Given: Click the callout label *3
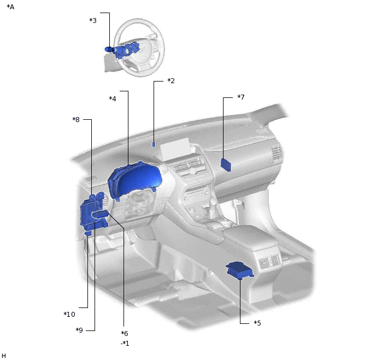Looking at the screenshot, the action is pos(93,20).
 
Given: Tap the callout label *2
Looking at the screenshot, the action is pos(171,80).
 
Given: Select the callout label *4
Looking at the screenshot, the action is pos(113,98).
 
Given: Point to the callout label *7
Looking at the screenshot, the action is pos(241,97).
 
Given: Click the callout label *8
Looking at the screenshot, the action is pos(76,119).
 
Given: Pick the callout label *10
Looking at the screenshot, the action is pos(69,314).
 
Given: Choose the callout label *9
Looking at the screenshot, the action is pos(79,330).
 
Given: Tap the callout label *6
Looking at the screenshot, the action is pos(125,333).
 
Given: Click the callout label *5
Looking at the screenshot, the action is pos(257,323).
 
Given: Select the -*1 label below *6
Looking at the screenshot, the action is pos(125,344).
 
